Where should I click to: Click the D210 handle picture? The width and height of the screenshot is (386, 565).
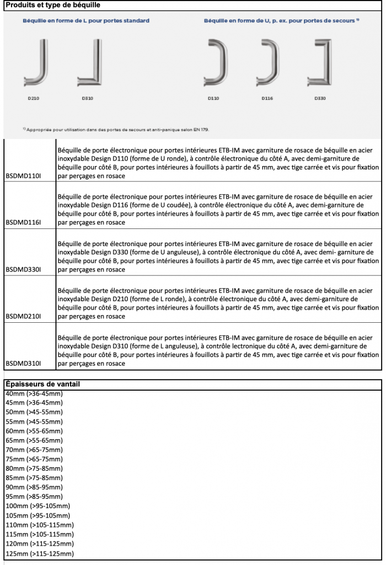pyautogui.click(x=36, y=62)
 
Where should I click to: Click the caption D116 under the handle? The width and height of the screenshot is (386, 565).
pyautogui.click(x=267, y=98)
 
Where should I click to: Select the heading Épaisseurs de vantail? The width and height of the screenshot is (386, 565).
pyautogui.click(x=44, y=383)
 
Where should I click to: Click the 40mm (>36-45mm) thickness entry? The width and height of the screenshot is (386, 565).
pyautogui.click(x=34, y=393)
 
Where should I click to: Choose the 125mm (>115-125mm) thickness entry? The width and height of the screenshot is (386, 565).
pyautogui.click(x=39, y=553)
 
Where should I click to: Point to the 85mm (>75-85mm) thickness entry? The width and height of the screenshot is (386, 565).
pyautogui.click(x=34, y=477)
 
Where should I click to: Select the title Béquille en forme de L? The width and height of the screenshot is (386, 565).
pyautogui.click(x=85, y=20)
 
